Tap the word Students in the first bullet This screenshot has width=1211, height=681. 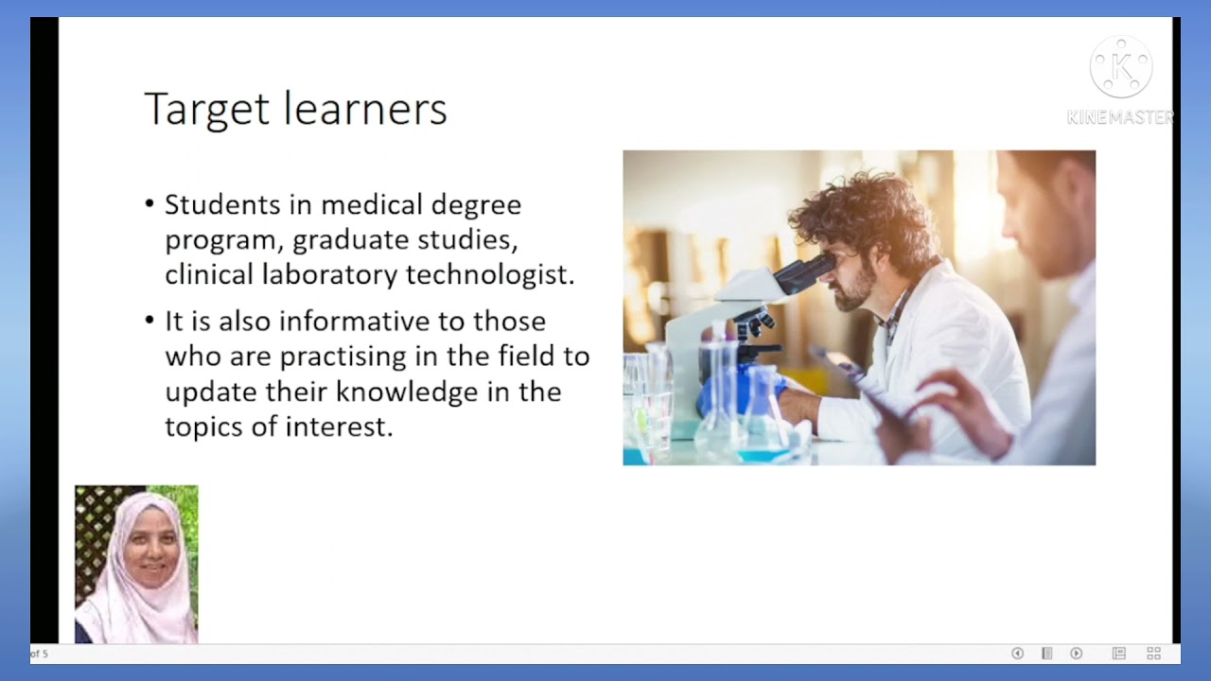(222, 204)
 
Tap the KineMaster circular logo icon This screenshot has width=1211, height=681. (1121, 67)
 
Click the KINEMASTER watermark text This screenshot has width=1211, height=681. (1120, 117)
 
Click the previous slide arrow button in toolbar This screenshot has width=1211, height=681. (1018, 654)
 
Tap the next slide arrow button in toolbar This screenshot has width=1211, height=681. (1076, 654)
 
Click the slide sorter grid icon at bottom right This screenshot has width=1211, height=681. (1153, 654)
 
